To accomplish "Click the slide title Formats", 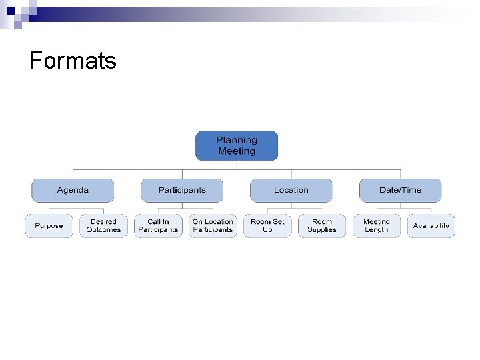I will pos(73,61).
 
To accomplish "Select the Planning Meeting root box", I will pos(236,146).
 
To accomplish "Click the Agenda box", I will pos(73,190).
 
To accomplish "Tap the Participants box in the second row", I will pos(182,190).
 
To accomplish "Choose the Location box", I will pos(291,190).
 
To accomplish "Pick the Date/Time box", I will pos(400,190).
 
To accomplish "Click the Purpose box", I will pos(49,226).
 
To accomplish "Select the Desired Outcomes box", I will pos(103,226).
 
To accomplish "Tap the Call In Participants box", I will pos(158,226).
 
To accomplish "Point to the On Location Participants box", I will pos(213,226).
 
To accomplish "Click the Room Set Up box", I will pos(267,226).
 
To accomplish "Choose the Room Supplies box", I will pos(322,226).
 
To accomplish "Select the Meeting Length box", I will pos(377,226).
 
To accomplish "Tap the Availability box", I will pos(431,226).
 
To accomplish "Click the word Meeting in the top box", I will pos(237,151).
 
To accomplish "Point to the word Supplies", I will pos(322,230).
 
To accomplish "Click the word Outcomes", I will pos(103,230).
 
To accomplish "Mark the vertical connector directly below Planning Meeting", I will pos(237,165).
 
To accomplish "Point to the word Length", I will pos(377,230).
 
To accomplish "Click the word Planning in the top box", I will pos(237,140).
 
